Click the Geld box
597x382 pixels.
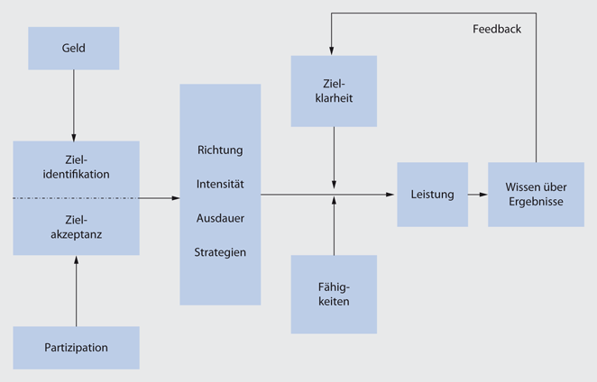point(74,48)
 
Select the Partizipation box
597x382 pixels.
point(77,348)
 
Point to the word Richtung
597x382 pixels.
point(220,150)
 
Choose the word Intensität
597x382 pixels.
point(220,184)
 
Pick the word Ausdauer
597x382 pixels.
point(220,218)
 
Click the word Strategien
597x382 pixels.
point(220,252)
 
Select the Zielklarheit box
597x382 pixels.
point(334,90)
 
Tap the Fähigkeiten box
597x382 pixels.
point(334,294)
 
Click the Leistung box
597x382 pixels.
point(433,195)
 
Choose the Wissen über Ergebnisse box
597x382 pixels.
point(536,195)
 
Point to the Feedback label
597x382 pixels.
point(497,29)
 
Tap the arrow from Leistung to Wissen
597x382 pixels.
point(478,195)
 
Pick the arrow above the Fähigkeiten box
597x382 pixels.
point(334,225)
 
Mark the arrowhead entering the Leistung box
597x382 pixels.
point(392,195)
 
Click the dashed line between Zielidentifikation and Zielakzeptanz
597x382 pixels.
point(77,197)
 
